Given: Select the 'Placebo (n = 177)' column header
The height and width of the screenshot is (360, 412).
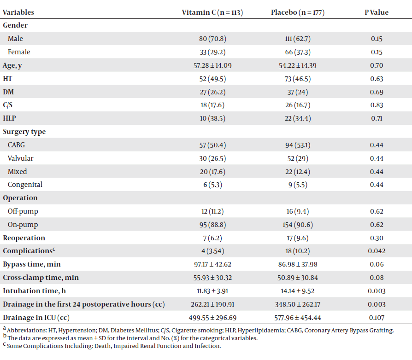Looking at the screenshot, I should tap(297, 12).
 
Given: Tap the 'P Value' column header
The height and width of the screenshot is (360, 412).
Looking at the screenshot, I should tap(377, 12).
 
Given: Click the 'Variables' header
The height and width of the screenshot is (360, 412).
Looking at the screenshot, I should tap(18, 12).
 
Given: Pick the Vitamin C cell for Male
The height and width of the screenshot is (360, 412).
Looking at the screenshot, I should tap(212, 39).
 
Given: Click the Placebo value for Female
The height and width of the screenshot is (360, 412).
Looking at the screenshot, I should tap(297, 52).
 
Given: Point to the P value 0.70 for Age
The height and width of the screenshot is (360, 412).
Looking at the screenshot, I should tap(377, 65).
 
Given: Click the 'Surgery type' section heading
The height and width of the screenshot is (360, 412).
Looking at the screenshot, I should tap(24, 132).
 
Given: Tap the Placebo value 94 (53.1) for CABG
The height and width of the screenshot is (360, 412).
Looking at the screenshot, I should tap(297, 145).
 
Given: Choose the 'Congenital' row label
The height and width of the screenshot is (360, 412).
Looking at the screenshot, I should tap(25, 185).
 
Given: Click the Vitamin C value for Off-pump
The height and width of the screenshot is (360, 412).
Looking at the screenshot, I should tap(212, 211).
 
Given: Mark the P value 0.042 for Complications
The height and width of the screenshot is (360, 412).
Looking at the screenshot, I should tap(377, 251).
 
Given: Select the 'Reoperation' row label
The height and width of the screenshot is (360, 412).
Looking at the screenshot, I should tap(24, 238).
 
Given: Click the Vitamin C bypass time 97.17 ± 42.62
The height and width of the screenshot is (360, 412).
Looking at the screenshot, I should tap(212, 264).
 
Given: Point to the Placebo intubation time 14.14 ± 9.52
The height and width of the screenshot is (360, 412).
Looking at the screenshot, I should tap(297, 291).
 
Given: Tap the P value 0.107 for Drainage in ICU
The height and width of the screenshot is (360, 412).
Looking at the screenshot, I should tap(377, 318).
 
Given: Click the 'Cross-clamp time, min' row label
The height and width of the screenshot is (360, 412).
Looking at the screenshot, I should tap(41, 278).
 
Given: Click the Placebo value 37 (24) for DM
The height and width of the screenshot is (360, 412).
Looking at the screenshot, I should tap(297, 92).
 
